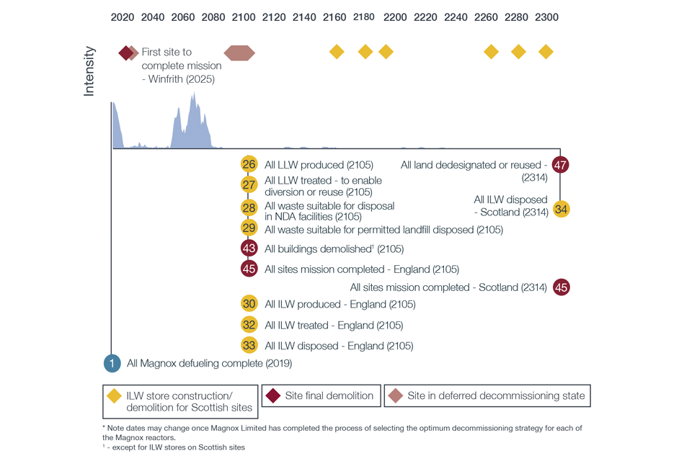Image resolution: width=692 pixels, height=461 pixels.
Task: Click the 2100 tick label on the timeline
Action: coord(244,17)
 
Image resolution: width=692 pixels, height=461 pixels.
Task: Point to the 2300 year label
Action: coord(546,17)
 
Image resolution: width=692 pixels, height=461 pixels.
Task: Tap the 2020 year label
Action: coord(123,17)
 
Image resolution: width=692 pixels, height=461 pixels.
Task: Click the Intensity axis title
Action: coord(89,71)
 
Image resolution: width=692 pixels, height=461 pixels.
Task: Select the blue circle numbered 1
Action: coord(112,363)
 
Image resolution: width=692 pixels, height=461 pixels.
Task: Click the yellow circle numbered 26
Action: coord(249,164)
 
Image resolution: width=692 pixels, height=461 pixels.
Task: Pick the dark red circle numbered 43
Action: coord(249,249)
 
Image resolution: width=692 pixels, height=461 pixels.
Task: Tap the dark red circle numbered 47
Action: coord(560,164)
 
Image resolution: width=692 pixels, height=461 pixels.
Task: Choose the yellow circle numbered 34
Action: coord(562,210)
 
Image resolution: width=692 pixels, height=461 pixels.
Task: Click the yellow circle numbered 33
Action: coord(249,345)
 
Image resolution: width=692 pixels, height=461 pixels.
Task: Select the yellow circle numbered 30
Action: coord(249,304)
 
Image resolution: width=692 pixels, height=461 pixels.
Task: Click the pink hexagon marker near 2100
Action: coord(239,53)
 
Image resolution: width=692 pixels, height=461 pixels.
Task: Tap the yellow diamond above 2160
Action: coord(336,52)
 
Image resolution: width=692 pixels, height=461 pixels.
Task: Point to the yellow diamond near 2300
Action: coord(546,52)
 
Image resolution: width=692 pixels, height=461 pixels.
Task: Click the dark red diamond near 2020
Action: coord(126,53)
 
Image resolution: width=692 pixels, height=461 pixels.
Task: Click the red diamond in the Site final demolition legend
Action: coord(273,395)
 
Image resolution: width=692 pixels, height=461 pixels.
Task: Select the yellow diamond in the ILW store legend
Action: coord(114,395)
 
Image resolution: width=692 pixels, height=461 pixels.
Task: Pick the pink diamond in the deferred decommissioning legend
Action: coord(395,395)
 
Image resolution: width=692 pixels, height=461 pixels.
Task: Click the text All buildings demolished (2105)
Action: coord(334,249)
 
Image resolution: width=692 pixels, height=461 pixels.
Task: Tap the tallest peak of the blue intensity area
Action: coord(193,95)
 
